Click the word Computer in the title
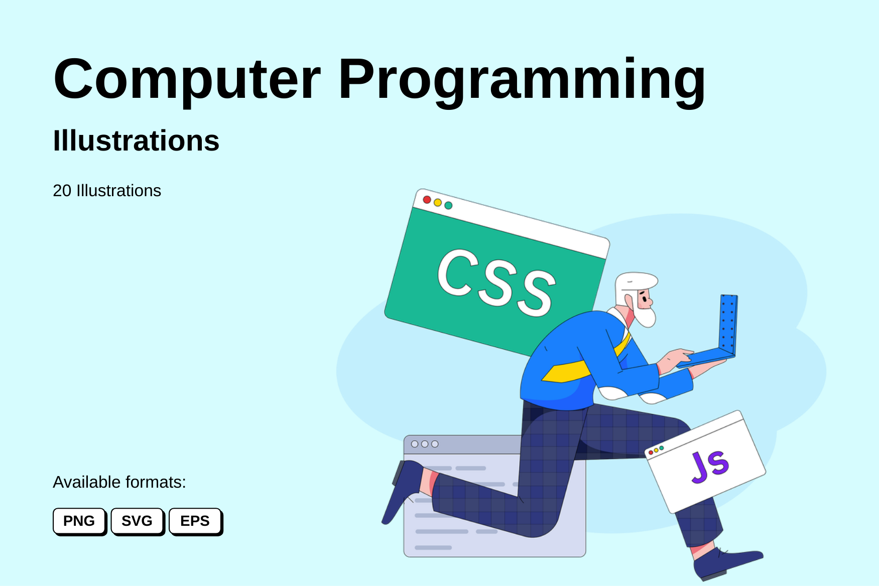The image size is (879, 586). click(187, 79)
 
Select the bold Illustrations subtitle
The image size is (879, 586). click(136, 140)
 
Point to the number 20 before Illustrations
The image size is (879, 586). click(62, 191)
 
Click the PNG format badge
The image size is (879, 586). click(79, 521)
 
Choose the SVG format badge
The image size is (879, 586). click(137, 521)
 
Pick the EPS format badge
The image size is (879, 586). click(195, 521)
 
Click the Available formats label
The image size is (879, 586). click(119, 482)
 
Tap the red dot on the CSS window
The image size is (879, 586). click(427, 200)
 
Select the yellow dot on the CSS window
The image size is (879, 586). click(438, 203)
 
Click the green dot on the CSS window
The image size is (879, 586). click(448, 205)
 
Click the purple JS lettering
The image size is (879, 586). click(710, 466)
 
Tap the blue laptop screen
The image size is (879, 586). click(728, 324)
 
